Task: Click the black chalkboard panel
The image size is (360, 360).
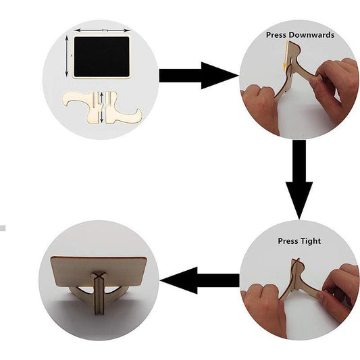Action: pyautogui.click(x=101, y=57)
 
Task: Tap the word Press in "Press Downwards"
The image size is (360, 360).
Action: pyautogui.click(x=276, y=35)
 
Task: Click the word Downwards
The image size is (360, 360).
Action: pyautogui.click(x=311, y=35)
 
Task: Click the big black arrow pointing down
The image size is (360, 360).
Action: pyautogui.click(x=299, y=180)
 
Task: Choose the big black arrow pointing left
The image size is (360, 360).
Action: pyautogui.click(x=199, y=280)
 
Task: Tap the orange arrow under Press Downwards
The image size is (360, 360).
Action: pyautogui.click(x=286, y=56)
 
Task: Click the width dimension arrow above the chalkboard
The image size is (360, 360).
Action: pyautogui.click(x=102, y=30)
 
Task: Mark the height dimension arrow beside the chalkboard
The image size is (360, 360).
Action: pyautogui.click(x=67, y=56)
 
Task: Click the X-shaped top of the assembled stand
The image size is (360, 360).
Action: pyautogui.click(x=99, y=276)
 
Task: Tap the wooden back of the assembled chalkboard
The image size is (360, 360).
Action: pyautogui.click(x=99, y=272)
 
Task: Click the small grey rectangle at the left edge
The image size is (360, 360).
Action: pyautogui.click(x=3, y=228)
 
